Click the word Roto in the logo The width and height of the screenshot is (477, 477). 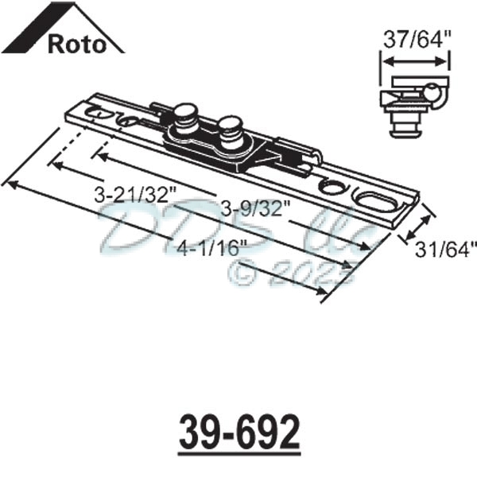coord(76,43)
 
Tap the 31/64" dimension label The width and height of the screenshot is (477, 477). coord(445,249)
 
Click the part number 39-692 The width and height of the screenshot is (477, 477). coord(238,433)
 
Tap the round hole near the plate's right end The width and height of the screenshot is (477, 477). coord(329,187)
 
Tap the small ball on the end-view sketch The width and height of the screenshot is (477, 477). coord(436,95)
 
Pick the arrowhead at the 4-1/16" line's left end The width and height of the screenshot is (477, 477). coord(11,184)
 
